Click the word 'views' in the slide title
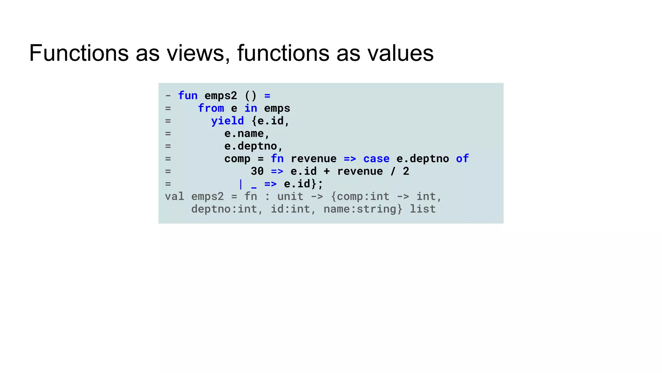195,53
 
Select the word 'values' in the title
400,53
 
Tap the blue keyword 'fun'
188,96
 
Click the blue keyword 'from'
211,108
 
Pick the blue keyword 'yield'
227,121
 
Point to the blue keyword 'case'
376,159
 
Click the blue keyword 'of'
462,159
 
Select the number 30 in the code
257,171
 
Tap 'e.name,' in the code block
247,133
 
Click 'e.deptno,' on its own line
254,146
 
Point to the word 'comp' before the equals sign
237,159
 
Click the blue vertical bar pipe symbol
240,184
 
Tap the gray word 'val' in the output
175,197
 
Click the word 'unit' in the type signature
290,197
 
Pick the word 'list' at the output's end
423,209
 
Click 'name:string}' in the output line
363,209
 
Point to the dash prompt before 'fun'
168,96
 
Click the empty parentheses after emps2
251,96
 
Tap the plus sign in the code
327,171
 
